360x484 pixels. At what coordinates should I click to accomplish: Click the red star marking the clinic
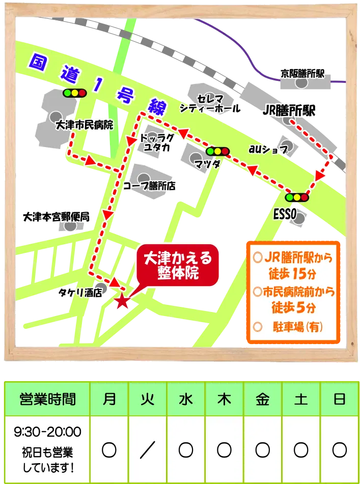coord(122,301)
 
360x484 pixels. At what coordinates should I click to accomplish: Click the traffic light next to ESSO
coord(298,197)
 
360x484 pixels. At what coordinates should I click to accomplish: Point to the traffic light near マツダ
coord(217,151)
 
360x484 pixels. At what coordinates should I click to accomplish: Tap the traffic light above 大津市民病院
coord(74,93)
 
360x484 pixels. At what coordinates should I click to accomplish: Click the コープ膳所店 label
coord(149,186)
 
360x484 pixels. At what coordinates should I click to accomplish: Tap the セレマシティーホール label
coord(210,103)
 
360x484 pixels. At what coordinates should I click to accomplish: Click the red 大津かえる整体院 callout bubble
coord(178,265)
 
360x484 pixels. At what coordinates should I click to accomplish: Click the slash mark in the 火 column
coord(147,449)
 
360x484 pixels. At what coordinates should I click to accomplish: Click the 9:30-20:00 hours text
coord(47,433)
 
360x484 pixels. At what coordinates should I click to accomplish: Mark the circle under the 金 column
coord(263,449)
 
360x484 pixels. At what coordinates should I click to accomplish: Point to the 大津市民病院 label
coord(84,125)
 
